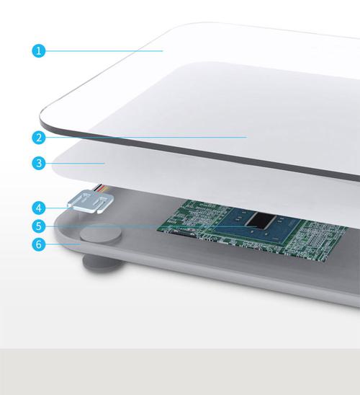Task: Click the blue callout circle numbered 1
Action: click(x=39, y=50)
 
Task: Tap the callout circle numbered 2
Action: click(x=39, y=138)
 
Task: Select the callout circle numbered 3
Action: click(x=39, y=163)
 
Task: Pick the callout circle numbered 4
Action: click(x=39, y=208)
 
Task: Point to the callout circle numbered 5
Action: click(x=39, y=226)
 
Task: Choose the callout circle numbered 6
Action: click(x=39, y=244)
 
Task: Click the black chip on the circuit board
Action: click(x=261, y=221)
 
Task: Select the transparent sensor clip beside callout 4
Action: click(x=91, y=201)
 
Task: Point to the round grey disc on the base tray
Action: click(x=100, y=234)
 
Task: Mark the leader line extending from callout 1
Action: click(x=104, y=51)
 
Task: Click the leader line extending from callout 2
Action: click(x=146, y=137)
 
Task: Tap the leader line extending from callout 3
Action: click(x=75, y=163)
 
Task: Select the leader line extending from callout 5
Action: click(x=151, y=226)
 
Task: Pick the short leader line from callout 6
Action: click(x=63, y=244)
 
